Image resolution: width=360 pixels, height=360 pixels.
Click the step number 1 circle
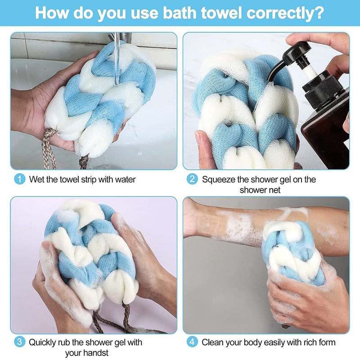(x=19, y=179)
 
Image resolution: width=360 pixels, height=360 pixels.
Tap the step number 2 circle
(x=192, y=179)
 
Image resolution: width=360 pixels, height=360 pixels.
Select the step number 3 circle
(x=19, y=342)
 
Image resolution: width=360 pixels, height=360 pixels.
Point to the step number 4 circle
(x=192, y=342)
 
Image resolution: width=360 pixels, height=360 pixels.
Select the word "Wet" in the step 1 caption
(x=37, y=179)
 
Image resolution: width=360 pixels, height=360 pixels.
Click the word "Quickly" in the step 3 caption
(x=43, y=342)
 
